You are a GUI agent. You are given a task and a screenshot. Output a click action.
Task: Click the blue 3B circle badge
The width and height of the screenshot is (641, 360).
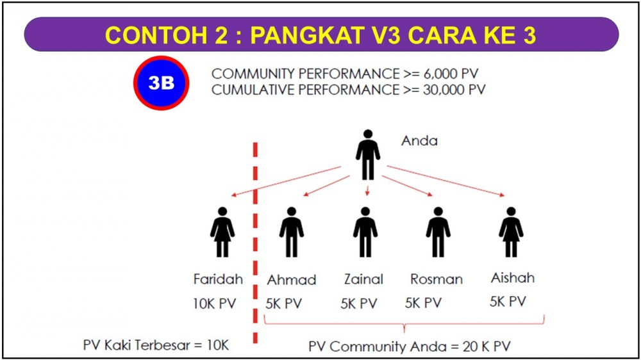coord(161,83)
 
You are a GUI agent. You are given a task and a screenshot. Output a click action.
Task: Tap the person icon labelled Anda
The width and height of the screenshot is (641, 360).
coord(368,155)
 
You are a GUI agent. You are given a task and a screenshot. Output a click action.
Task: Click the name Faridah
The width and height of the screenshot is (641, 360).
coord(218,279)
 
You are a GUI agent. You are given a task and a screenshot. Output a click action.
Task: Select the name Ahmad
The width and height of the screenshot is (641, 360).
coord(292,280)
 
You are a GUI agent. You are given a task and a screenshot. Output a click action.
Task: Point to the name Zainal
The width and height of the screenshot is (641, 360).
coord(363,279)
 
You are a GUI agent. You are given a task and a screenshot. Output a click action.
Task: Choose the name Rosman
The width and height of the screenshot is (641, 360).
coord(436,279)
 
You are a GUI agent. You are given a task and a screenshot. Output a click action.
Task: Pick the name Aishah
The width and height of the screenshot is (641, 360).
coord(513,278)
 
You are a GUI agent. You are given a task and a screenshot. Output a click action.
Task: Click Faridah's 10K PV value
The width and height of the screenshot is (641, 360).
coord(215,304)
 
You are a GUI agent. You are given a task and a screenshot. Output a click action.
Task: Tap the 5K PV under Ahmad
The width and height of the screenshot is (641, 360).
coord(284,304)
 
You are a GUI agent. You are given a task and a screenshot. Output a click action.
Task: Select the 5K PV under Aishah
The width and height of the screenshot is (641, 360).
coord(508,302)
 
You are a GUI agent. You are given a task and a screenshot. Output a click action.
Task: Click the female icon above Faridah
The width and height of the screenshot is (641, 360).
coord(222,232)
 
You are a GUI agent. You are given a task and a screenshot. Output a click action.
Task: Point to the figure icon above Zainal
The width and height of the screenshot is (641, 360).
coord(365,232)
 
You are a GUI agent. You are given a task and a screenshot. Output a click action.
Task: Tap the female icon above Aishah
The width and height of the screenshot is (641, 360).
coord(511,232)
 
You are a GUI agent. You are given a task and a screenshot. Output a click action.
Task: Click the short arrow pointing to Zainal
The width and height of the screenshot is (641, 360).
coord(367,190)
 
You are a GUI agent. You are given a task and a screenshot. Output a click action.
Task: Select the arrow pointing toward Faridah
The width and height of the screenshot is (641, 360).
coord(286,181)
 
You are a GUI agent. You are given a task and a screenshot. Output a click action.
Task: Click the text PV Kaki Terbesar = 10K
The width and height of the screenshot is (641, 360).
coord(156,345)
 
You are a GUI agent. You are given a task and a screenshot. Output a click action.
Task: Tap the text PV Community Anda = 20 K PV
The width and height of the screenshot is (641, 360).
coord(410,347)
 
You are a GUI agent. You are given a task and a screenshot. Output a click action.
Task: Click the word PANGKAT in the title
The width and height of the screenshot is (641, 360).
coord(307,35)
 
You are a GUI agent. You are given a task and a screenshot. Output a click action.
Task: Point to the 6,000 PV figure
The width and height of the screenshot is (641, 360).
coord(450,74)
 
